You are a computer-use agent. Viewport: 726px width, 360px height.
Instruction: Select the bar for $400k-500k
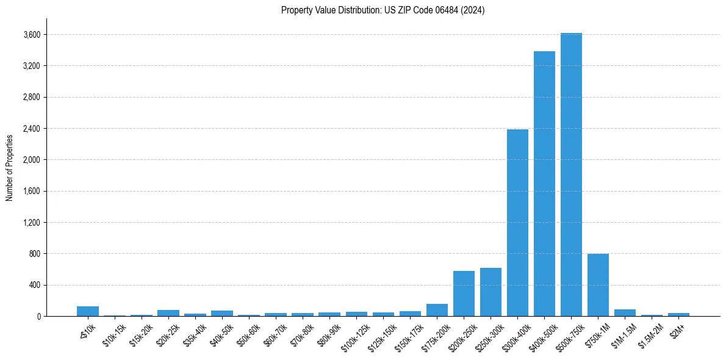(x=544, y=184)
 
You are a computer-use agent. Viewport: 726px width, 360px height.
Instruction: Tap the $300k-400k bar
(x=517, y=223)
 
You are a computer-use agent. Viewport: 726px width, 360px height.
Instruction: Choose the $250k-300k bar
(x=491, y=292)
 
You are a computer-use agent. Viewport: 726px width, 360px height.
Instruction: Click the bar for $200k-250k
(x=464, y=293)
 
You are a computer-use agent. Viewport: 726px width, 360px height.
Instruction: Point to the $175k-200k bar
(x=437, y=310)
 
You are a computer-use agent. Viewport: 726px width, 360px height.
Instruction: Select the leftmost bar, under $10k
(x=88, y=311)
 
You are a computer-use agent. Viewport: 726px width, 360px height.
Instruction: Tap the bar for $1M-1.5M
(x=625, y=312)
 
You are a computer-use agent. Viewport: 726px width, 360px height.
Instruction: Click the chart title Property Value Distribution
(x=383, y=10)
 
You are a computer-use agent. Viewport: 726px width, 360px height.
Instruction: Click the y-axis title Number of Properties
(x=10, y=167)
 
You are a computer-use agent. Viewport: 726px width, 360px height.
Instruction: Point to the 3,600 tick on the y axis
(x=31, y=35)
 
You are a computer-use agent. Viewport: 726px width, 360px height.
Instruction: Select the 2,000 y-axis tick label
(x=31, y=160)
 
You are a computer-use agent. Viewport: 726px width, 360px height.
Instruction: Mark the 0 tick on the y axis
(x=38, y=316)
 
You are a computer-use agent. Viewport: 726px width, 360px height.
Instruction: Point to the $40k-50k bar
(x=222, y=313)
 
